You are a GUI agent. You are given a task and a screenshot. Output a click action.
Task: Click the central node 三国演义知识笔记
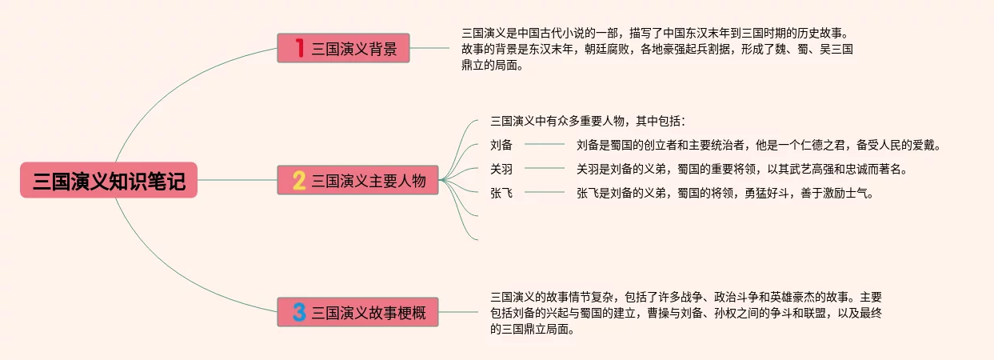pyautogui.click(x=109, y=181)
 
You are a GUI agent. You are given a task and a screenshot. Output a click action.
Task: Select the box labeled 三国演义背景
pyautogui.click(x=343, y=49)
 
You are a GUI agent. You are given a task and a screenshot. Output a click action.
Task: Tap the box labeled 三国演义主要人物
pyautogui.click(x=357, y=181)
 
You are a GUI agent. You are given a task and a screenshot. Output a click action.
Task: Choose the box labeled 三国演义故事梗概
pyautogui.click(x=357, y=311)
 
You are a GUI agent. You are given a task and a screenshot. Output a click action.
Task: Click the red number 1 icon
pyautogui.click(x=299, y=49)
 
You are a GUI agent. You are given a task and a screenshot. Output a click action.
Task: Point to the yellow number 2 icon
pyautogui.click(x=299, y=181)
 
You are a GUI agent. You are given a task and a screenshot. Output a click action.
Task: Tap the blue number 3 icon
pyautogui.click(x=299, y=311)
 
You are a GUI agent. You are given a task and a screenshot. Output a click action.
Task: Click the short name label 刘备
pyautogui.click(x=501, y=145)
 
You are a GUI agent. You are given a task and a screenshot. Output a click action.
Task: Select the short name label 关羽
pyautogui.click(x=501, y=169)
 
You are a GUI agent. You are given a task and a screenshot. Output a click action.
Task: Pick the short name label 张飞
pyautogui.click(x=501, y=193)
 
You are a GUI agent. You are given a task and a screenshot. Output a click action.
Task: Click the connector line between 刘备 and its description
pyautogui.click(x=545, y=145)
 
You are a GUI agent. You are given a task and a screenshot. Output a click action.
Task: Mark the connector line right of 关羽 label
pyautogui.click(x=545, y=169)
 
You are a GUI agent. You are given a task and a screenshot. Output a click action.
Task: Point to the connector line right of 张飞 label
pyautogui.click(x=545, y=193)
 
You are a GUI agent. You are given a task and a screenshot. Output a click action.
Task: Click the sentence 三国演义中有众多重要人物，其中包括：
pyautogui.click(x=588, y=122)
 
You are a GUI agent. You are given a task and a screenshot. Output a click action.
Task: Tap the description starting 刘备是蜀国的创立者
pyautogui.click(x=758, y=145)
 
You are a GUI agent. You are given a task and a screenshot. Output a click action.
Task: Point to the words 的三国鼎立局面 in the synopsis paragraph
pyautogui.click(x=530, y=330)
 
